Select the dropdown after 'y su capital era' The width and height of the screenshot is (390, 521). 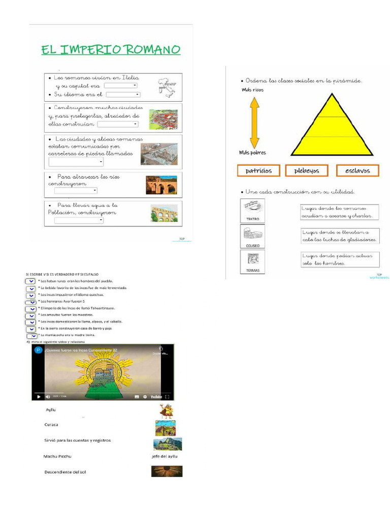(x=120, y=86)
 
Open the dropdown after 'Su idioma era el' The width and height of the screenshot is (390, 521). (x=123, y=95)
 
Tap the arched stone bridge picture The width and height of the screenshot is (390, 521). (x=161, y=185)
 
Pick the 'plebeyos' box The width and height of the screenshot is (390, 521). (x=307, y=170)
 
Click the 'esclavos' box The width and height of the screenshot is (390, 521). (x=357, y=170)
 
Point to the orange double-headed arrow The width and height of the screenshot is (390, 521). (x=254, y=122)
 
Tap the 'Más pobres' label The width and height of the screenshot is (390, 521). (x=252, y=152)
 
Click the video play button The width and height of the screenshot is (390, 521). (x=39, y=397)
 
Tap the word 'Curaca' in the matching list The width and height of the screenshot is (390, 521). (x=51, y=424)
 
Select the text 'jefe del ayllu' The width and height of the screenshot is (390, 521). (x=165, y=456)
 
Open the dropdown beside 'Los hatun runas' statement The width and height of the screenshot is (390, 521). (x=30, y=281)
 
